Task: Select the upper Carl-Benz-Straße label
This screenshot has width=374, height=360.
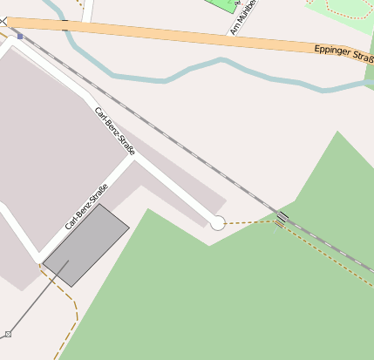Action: (115, 132)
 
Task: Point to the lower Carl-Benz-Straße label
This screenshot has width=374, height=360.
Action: (86, 207)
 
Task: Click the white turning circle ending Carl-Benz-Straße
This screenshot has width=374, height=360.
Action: (217, 223)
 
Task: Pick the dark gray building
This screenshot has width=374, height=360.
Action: (86, 245)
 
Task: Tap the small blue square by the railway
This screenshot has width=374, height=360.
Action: (20, 37)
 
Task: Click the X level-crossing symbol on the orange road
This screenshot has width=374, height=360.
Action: (15, 24)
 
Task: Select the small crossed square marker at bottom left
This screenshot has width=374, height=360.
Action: (8, 334)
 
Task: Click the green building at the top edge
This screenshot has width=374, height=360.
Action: (225, 5)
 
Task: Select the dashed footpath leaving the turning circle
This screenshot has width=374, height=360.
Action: (248, 223)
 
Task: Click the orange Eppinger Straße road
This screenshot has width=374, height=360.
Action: (174, 35)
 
